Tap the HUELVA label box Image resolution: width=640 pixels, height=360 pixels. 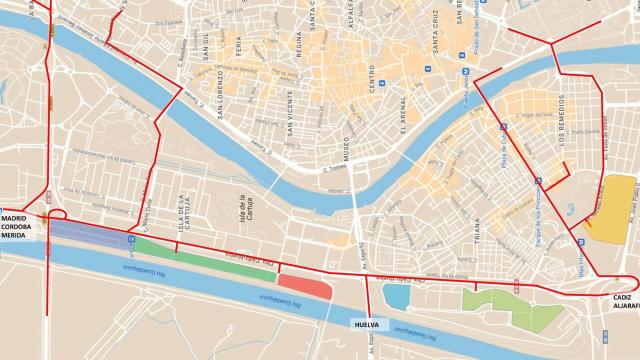click(366, 325)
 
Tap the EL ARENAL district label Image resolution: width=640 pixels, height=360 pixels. click(402, 112)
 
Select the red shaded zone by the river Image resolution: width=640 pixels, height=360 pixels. click(304, 285)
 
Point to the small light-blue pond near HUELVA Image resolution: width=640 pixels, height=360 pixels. click(395, 298)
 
